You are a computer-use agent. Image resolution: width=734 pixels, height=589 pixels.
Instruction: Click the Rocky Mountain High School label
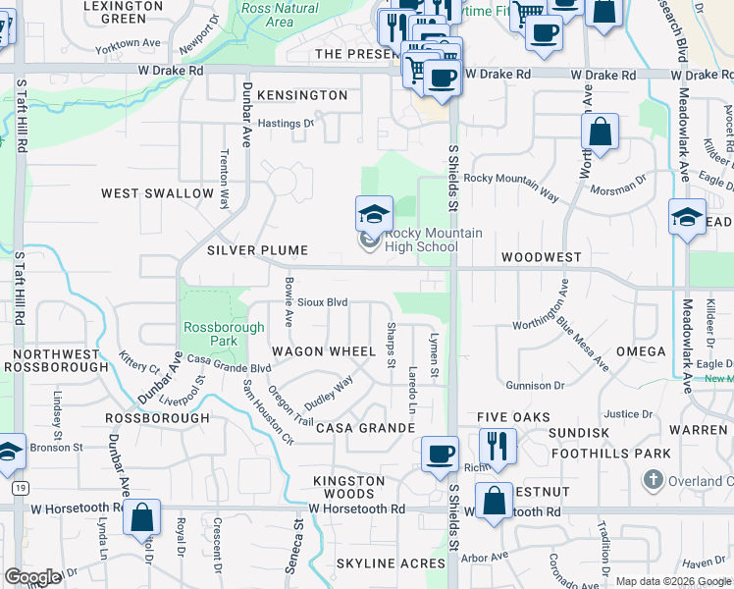tap(420, 240)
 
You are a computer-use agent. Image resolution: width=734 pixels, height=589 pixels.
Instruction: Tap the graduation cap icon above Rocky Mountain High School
tap(374, 213)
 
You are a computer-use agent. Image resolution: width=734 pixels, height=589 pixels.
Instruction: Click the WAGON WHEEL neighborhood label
tap(324, 351)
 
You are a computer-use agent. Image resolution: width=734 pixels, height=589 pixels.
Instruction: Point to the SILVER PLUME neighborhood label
tap(258, 250)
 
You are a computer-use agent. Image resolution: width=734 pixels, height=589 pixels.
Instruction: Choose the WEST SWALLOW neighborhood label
tap(157, 193)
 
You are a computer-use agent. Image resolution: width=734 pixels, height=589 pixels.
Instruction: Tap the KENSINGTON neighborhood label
tap(304, 95)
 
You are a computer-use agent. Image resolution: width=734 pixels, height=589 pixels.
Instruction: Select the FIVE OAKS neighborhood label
tap(514, 417)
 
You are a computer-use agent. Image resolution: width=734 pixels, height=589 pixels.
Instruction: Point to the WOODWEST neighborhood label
tap(541, 256)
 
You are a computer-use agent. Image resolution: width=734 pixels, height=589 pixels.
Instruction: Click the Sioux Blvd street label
tap(323, 303)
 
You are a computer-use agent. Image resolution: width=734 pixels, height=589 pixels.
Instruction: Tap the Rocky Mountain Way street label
tap(511, 187)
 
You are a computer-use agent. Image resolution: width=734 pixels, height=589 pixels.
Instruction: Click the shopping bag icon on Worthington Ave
tap(600, 133)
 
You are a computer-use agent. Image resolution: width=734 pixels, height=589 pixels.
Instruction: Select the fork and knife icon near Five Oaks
tap(498, 446)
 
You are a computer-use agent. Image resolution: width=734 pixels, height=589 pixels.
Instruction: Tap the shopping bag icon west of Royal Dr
tap(142, 515)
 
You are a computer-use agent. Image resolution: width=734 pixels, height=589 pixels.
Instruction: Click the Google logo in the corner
tap(32, 577)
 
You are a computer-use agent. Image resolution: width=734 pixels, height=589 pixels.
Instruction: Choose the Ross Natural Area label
tap(265, 14)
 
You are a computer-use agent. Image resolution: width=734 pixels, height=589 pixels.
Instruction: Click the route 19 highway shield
tap(19, 487)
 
